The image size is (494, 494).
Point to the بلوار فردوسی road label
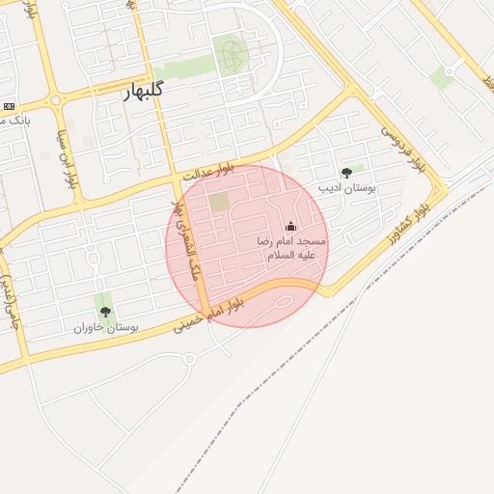pyautogui.click(x=402, y=148)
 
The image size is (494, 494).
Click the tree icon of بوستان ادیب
pyautogui.click(x=346, y=173)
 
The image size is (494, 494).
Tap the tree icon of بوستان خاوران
pyautogui.click(x=105, y=312)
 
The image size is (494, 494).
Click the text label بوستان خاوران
pyautogui.click(x=106, y=327)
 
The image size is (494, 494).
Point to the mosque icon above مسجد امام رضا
pyautogui.click(x=290, y=226)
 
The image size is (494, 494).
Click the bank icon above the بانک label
pyautogui.click(x=9, y=105)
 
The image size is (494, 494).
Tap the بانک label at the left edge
pyautogui.click(x=16, y=121)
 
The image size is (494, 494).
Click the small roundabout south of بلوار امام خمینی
pyautogui.click(x=189, y=359)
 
